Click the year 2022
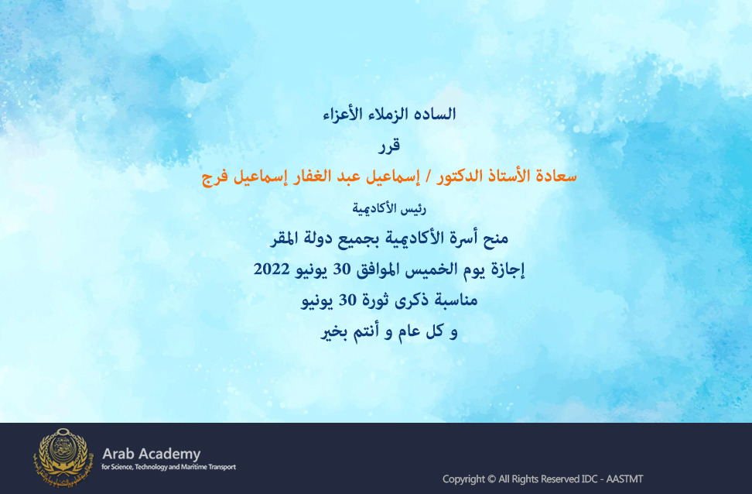[272, 269]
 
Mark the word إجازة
[508, 269]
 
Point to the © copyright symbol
[491, 479]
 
